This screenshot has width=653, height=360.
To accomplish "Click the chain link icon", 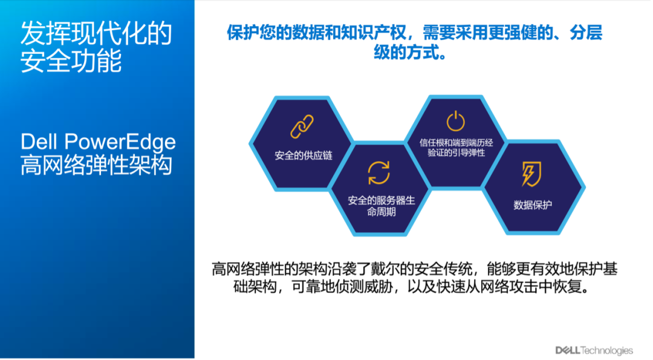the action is (x=302, y=126).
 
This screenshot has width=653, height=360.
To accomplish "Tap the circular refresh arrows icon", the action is (x=378, y=173).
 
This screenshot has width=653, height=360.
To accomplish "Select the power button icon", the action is (x=456, y=121).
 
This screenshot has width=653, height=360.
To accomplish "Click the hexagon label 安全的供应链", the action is (x=303, y=156).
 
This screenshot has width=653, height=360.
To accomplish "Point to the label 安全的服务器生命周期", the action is (x=381, y=206).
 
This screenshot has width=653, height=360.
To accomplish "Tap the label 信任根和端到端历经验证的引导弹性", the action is (x=456, y=148).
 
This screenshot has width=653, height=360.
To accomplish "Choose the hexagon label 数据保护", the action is (x=532, y=205).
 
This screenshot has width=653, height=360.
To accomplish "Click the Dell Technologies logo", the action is (x=594, y=350).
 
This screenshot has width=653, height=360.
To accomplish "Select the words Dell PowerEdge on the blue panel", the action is (x=99, y=142).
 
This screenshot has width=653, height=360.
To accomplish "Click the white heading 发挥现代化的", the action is (x=96, y=33).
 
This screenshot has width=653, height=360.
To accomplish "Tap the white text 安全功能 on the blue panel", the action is (x=71, y=61).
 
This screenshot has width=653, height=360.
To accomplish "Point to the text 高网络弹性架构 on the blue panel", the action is (x=96, y=165).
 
